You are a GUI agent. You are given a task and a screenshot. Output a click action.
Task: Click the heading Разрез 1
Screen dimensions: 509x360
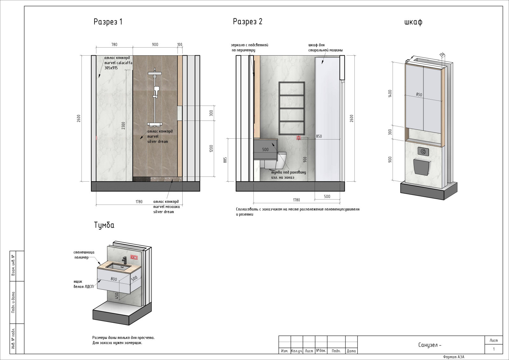[x=108, y=22]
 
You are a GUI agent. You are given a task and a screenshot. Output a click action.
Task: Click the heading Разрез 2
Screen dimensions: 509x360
[x=248, y=22]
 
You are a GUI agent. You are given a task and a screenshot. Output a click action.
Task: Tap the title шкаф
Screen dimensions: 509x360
[x=413, y=22]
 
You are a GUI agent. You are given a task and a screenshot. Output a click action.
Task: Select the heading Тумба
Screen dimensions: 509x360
[x=104, y=225]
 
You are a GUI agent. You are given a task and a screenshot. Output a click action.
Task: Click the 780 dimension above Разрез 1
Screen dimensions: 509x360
[x=114, y=45]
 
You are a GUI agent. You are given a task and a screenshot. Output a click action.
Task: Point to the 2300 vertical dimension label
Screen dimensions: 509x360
[x=123, y=126]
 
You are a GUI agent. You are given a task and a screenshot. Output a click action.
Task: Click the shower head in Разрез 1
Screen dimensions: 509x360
[x=155, y=73]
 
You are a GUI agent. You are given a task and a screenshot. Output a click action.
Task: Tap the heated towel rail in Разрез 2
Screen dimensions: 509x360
[x=292, y=108]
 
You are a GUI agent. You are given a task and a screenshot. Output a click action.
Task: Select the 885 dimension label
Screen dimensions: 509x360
[x=225, y=160]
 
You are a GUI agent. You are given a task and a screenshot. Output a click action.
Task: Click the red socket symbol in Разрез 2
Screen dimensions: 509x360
[x=299, y=138]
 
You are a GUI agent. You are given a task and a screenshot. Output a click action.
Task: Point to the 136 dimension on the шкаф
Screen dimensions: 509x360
[x=442, y=55]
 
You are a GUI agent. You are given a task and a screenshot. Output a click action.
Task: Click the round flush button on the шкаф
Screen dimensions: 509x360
[x=423, y=151]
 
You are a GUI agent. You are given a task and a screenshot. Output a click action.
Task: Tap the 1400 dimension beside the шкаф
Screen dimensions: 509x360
[x=390, y=93]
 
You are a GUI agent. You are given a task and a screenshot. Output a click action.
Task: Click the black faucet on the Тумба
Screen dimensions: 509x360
[x=124, y=260]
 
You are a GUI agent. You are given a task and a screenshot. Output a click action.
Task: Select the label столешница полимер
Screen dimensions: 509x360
[x=84, y=255]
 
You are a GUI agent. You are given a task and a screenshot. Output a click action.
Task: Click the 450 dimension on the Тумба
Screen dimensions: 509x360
[x=116, y=296]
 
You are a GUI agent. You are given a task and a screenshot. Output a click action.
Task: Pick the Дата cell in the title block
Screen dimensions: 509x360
[x=351, y=351]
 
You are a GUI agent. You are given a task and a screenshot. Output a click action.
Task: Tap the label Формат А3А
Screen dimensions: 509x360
[x=454, y=357]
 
